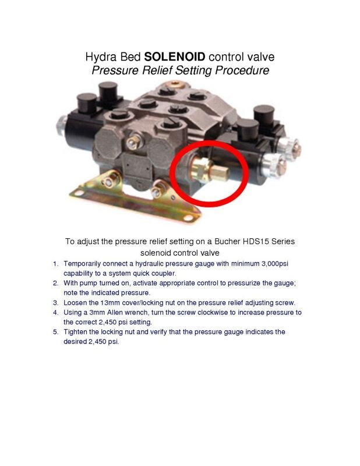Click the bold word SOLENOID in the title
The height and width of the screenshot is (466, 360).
175,57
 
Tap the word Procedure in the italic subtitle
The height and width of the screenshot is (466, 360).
242,70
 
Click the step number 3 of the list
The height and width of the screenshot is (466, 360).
55,303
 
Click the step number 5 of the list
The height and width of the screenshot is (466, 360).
55,332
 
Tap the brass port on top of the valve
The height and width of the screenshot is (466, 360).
175,83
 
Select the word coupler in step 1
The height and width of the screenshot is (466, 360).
164,273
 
